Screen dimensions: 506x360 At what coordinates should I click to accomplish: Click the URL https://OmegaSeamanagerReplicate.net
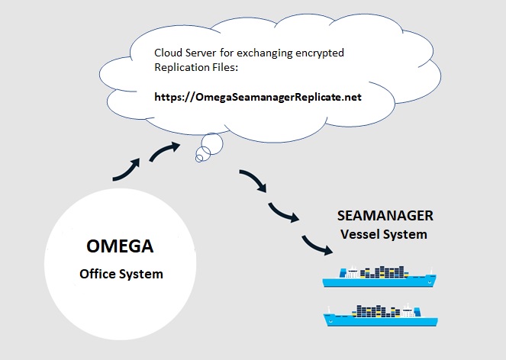coord(258,97)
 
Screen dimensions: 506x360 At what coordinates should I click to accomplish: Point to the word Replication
coord(182,67)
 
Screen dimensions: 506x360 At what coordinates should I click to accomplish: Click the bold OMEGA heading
coord(120,246)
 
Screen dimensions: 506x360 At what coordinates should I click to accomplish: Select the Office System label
coord(121,274)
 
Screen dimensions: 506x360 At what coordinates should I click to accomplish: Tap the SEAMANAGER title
coord(385,216)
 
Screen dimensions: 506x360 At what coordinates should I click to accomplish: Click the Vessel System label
coord(384,234)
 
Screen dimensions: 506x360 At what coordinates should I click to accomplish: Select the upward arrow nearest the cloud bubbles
coord(165,151)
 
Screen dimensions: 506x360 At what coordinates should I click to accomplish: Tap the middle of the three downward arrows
coord(282,212)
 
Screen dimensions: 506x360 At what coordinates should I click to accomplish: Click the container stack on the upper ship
coord(384,272)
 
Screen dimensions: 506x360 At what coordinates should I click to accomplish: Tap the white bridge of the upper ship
coord(352,272)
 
